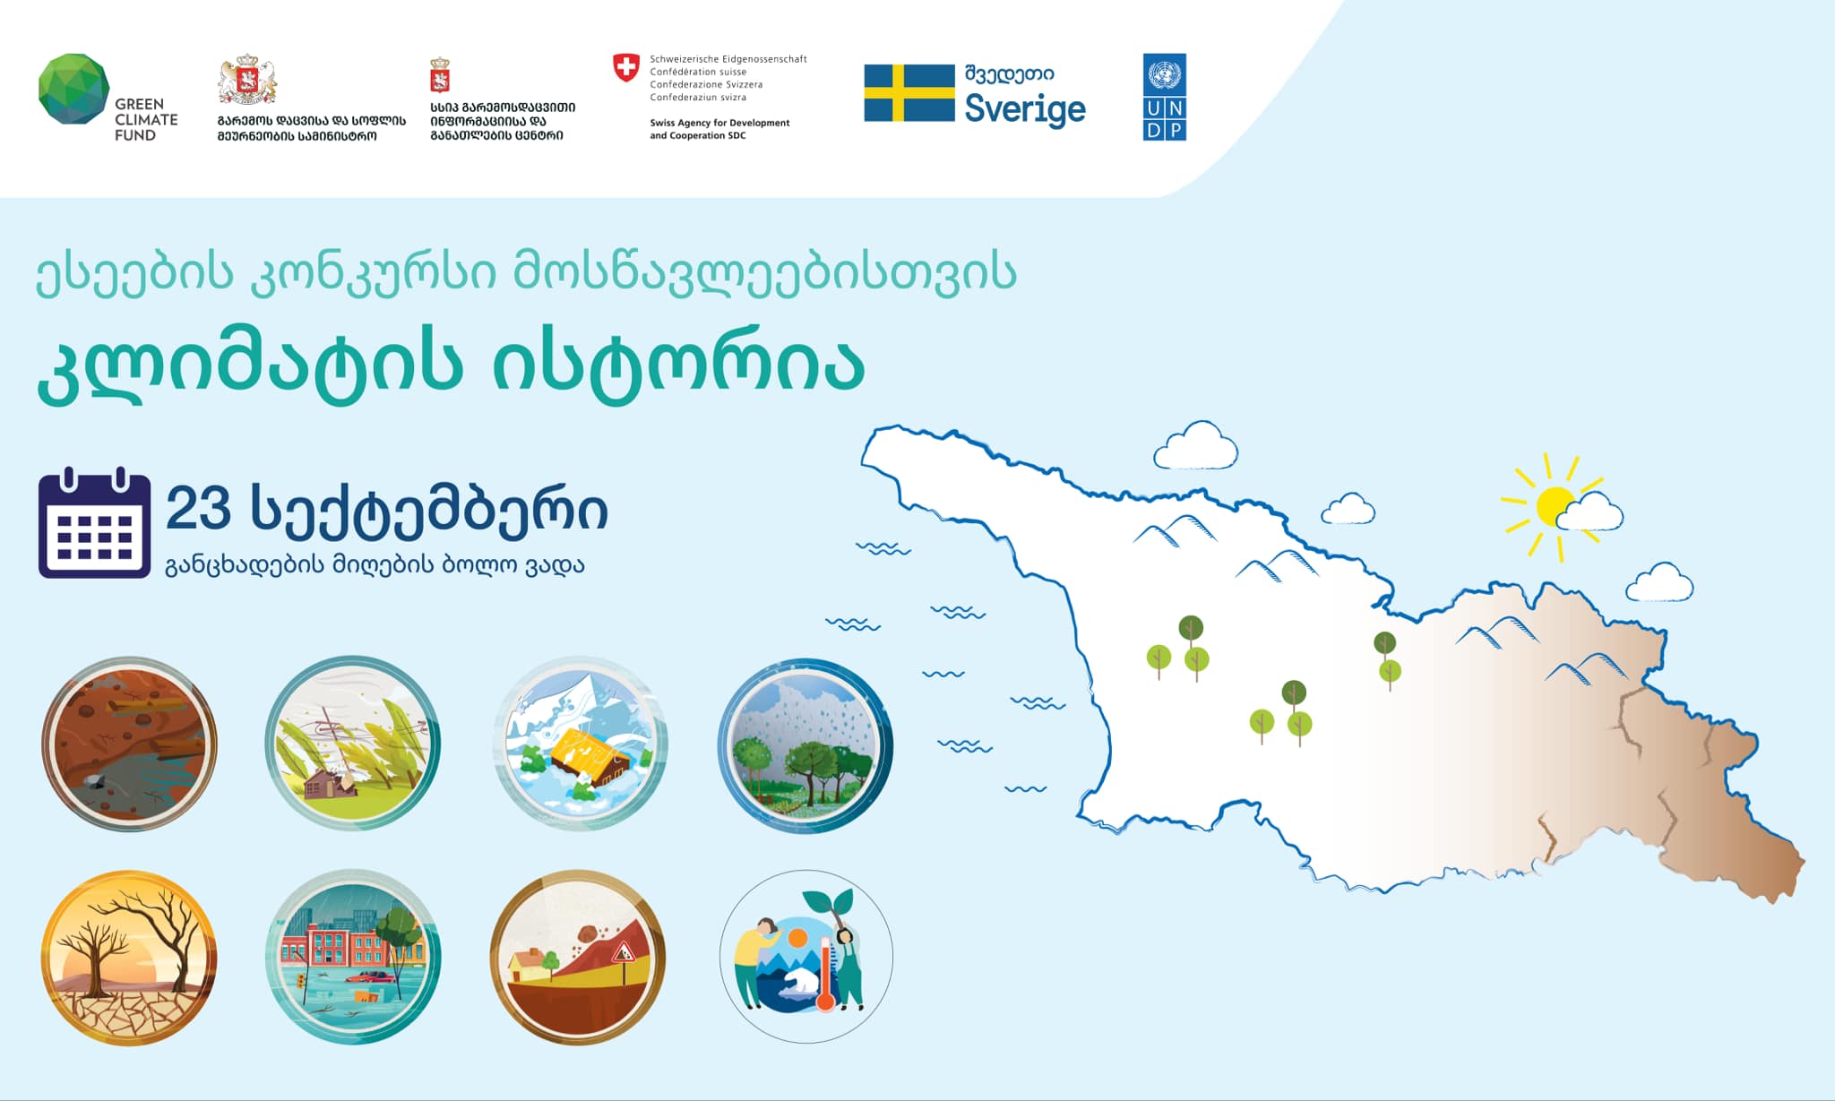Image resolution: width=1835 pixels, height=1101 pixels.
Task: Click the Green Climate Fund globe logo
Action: pyautogui.click(x=74, y=89)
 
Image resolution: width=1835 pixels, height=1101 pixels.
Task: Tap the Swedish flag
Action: pyautogui.click(x=909, y=92)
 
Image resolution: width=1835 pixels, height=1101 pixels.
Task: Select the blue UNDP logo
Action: pyautogui.click(x=1165, y=97)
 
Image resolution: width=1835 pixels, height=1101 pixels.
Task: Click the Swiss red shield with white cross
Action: pyautogui.click(x=626, y=67)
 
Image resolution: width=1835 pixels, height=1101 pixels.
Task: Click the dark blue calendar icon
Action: pyautogui.click(x=94, y=523)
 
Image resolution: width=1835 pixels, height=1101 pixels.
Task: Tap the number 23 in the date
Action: pyautogui.click(x=198, y=509)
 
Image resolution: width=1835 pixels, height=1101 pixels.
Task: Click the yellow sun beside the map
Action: pyautogui.click(x=1555, y=507)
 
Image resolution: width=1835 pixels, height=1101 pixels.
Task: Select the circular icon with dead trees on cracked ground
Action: pyautogui.click(x=129, y=957)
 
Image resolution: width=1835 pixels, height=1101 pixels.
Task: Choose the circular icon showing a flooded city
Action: pyautogui.click(x=353, y=957)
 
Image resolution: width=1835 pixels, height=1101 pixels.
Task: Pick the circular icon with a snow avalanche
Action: pyautogui.click(x=580, y=744)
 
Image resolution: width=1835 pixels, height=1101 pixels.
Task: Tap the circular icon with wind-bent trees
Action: pyautogui.click(x=353, y=744)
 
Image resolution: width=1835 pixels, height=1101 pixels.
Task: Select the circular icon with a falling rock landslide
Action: pyautogui.click(x=578, y=957)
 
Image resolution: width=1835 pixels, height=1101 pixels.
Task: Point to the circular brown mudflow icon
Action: pyautogui.click(x=129, y=744)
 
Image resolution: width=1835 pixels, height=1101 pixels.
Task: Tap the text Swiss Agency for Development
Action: pyautogui.click(x=719, y=123)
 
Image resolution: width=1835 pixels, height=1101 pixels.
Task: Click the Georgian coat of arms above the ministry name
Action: pyautogui.click(x=246, y=81)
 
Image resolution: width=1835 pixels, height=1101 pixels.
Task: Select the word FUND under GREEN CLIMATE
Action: pyautogui.click(x=135, y=135)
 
